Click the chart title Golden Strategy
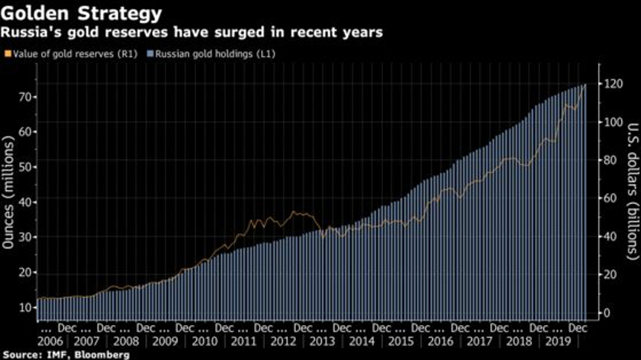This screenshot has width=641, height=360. tap(82, 13)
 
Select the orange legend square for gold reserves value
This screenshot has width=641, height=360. tap(7, 53)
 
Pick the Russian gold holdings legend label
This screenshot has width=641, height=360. tap(215, 53)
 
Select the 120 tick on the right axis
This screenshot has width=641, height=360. tap(614, 84)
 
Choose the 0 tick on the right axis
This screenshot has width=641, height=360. tap(607, 313)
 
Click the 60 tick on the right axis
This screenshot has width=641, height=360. tap(610, 198)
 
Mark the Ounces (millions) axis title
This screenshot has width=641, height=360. tap(8, 192)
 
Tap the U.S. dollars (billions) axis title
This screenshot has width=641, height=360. tap(632, 191)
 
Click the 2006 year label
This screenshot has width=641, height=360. tap(50, 341)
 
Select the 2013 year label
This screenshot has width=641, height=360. tap(322, 341)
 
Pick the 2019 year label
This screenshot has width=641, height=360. tap(558, 341)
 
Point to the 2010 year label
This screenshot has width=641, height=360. tap(205, 341)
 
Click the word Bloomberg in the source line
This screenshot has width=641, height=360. tap(102, 355)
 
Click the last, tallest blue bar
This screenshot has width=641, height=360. tap(585, 203)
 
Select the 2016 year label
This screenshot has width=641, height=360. tap(440, 341)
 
